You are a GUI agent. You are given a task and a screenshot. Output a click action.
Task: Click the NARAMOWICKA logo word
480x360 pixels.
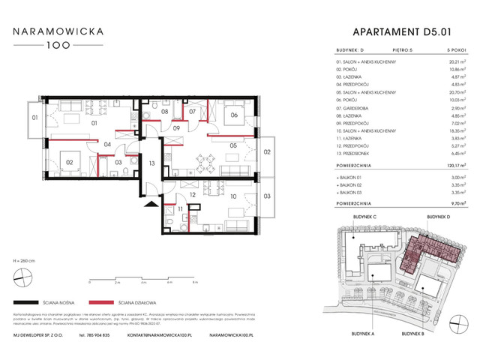point(62,32)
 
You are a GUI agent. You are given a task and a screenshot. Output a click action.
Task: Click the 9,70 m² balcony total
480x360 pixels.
point(448,202)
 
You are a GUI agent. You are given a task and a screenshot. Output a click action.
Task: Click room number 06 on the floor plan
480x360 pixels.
point(234,115)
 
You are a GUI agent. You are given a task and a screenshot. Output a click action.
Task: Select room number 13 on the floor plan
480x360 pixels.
point(151,163)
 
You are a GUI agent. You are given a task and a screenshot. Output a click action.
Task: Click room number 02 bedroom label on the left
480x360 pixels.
point(68,161)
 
